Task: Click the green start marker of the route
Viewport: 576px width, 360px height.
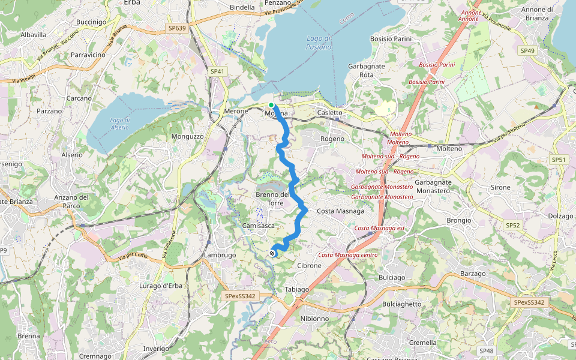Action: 271,105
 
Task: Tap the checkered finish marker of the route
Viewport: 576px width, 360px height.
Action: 273,253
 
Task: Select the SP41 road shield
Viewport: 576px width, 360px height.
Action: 217,71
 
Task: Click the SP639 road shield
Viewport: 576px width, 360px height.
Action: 177,28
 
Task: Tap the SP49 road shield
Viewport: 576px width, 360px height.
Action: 527,50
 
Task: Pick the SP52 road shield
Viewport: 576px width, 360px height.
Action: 512,225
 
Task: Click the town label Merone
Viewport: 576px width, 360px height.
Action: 235,112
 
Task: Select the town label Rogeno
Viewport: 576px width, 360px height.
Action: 332,139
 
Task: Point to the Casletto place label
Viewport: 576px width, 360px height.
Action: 329,112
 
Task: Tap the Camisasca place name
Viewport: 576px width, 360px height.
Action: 259,225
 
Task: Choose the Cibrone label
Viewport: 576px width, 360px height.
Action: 310,265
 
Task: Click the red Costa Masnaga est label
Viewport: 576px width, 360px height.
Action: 380,228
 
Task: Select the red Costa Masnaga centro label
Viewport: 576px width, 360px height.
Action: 348,255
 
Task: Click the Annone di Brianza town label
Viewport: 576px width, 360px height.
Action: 536,13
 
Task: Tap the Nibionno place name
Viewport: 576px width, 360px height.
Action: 314,319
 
